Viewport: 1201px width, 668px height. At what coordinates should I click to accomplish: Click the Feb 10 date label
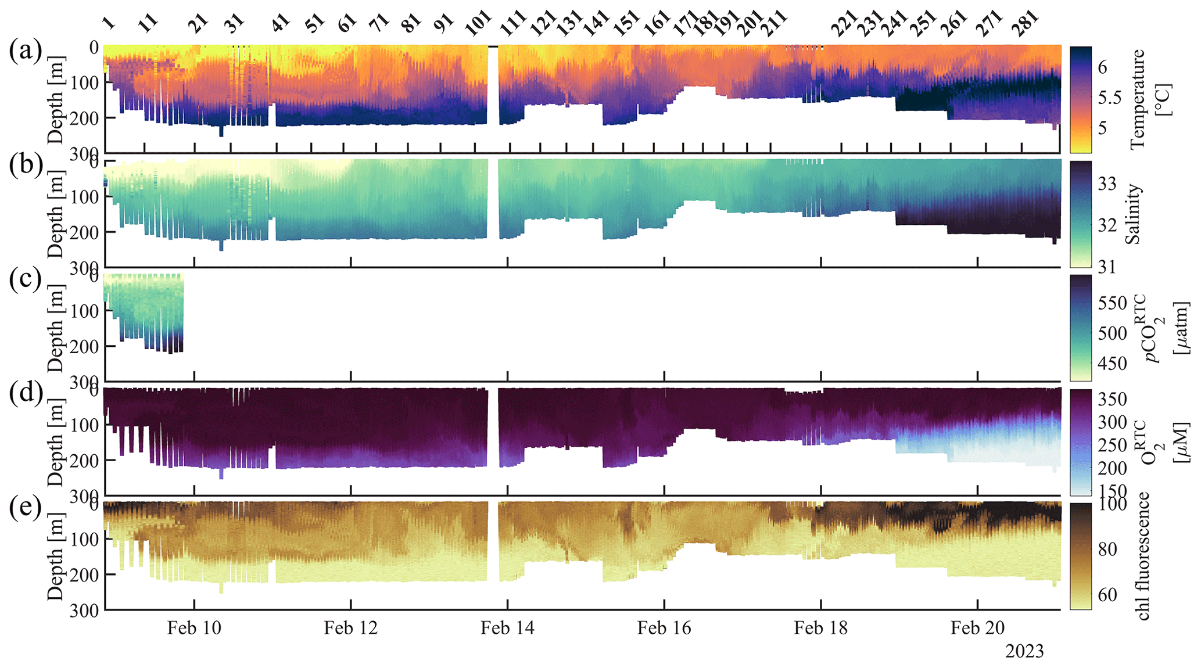[194, 628]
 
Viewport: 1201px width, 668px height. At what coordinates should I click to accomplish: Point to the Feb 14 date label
[507, 628]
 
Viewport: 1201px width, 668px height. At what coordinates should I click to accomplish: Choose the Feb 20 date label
[977, 628]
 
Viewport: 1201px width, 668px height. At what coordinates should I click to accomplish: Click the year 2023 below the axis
[1024, 652]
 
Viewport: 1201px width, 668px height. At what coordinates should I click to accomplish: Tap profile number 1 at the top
[109, 23]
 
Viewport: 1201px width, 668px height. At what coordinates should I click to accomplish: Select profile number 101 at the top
[478, 24]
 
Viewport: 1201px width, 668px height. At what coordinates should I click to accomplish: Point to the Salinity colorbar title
[1133, 214]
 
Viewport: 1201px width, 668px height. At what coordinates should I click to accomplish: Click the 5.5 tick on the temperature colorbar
[1109, 98]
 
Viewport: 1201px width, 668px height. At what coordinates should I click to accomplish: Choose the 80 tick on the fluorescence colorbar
[1107, 549]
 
